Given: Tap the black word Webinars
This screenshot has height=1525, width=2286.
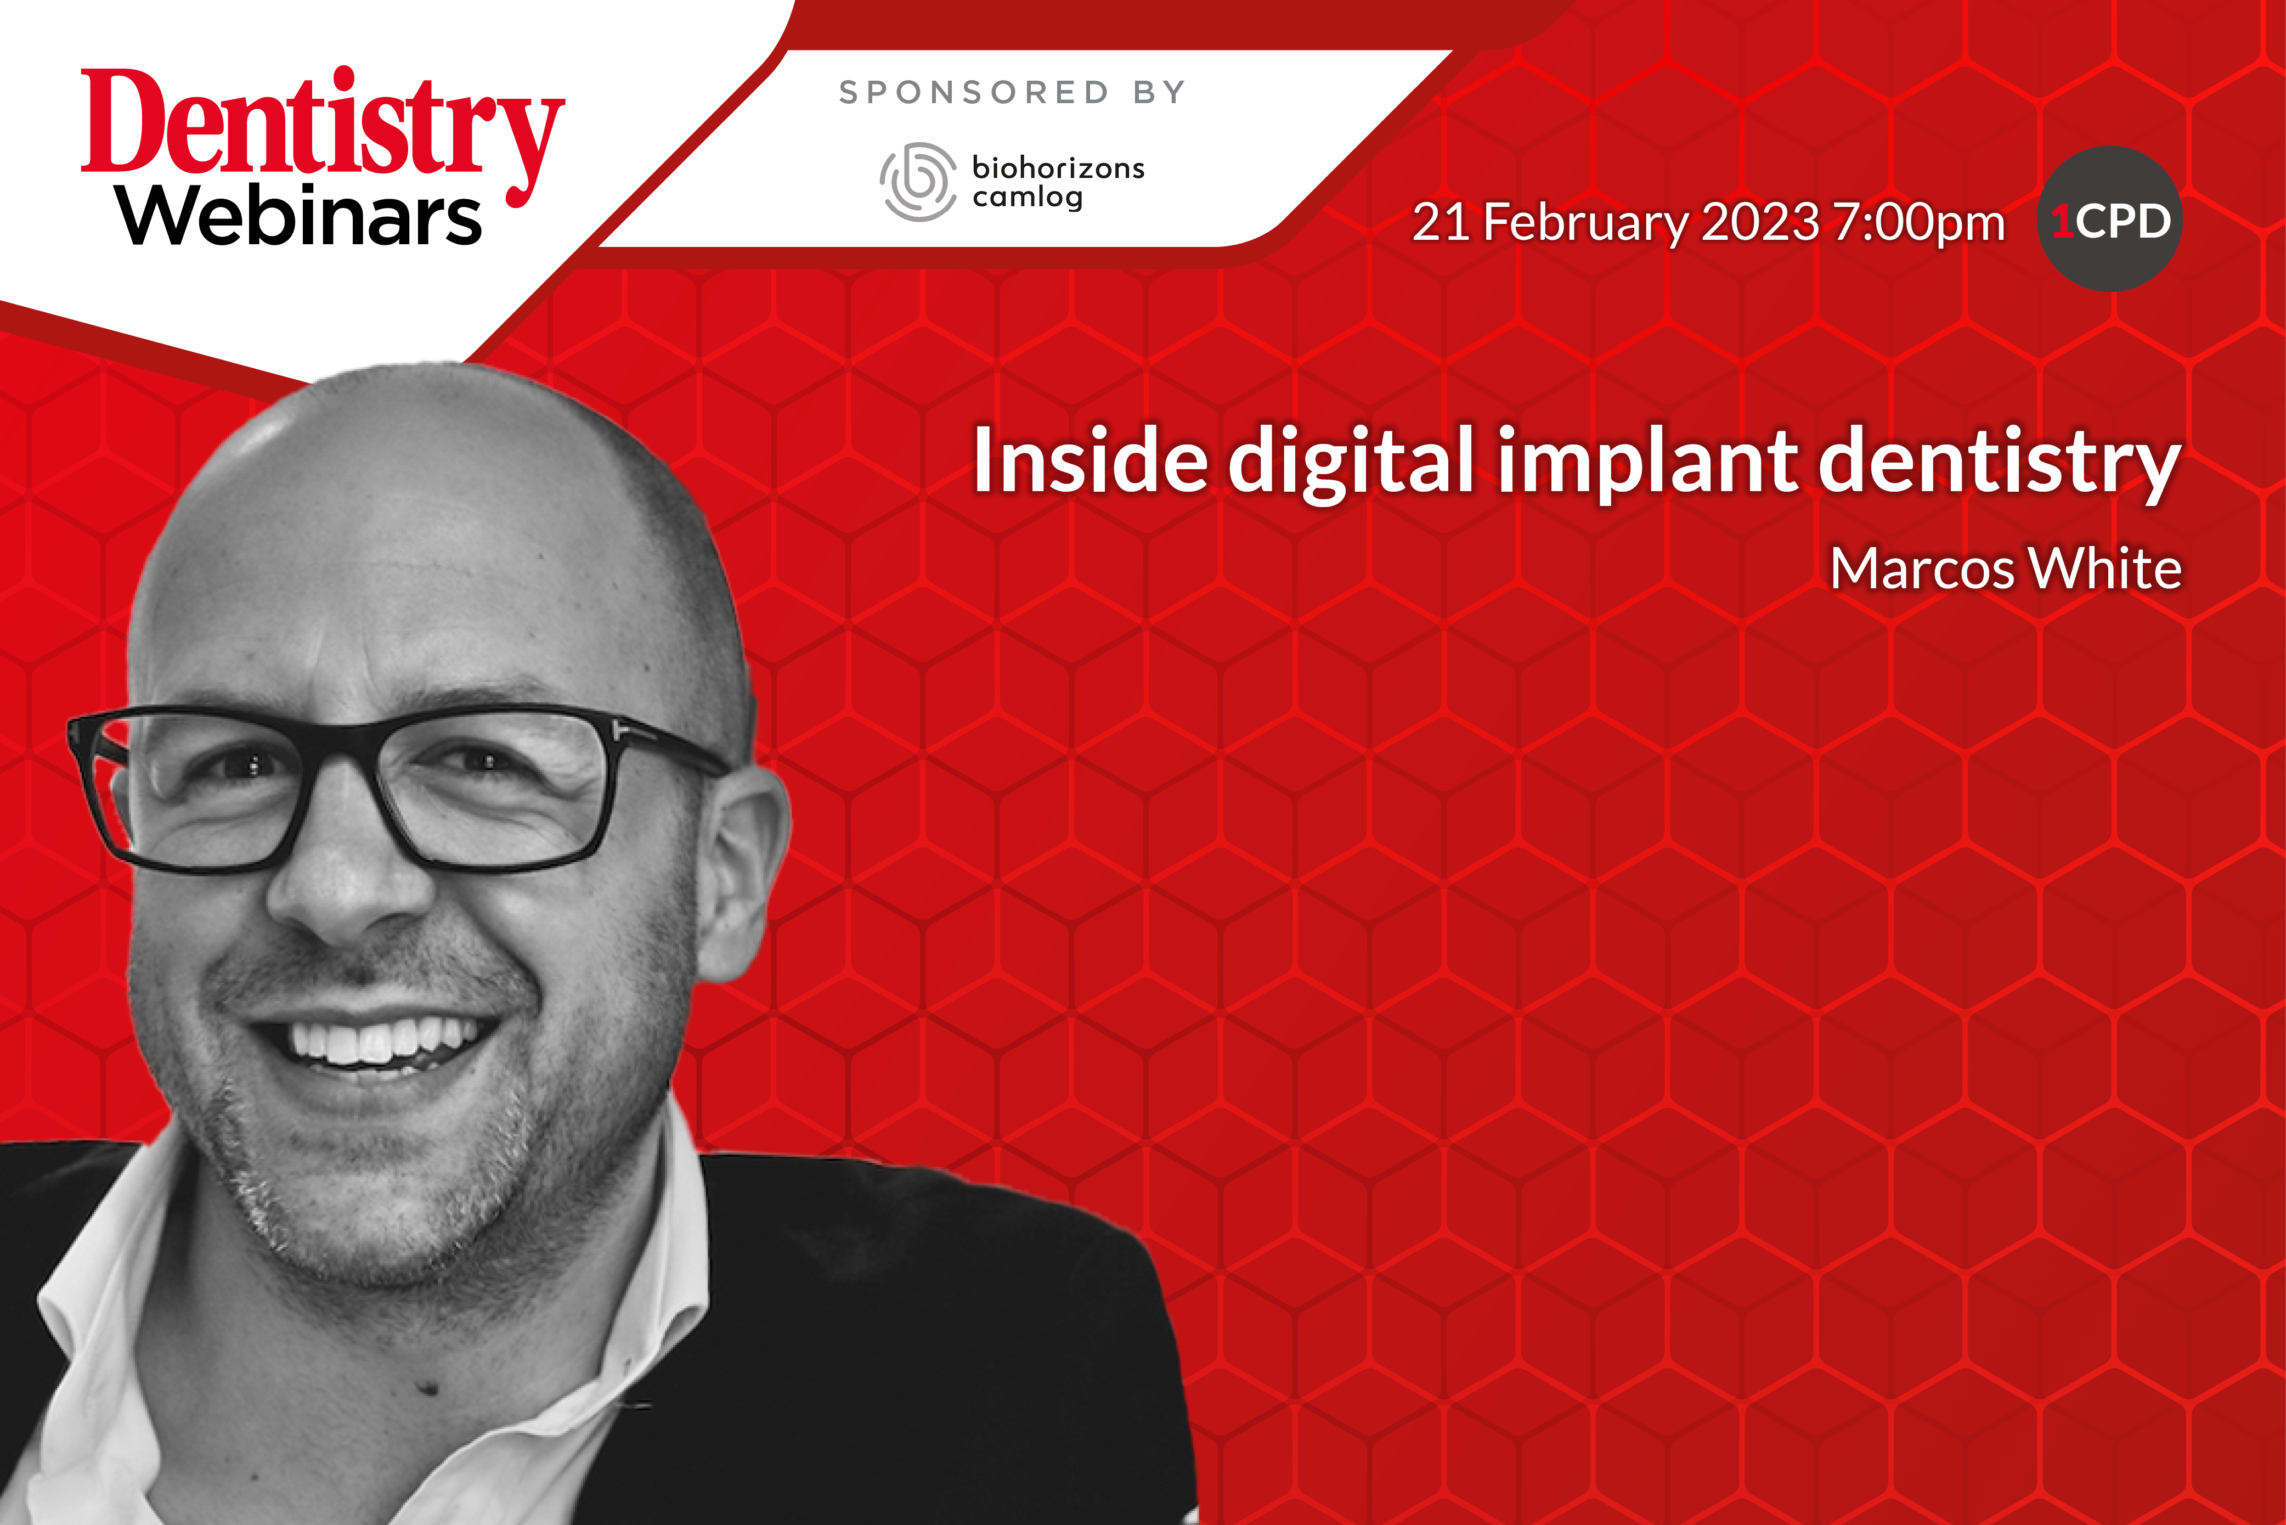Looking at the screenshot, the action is coord(300,215).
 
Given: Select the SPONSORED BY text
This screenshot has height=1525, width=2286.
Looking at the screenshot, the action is coord(1012,92).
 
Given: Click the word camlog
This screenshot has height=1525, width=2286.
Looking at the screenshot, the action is coord(1027,198).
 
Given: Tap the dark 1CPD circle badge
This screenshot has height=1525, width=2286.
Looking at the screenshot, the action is coord(2110,219).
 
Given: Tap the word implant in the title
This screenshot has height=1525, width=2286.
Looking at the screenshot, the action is coord(1648,465).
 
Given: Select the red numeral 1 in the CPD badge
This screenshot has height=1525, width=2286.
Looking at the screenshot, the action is coord(2062,221).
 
